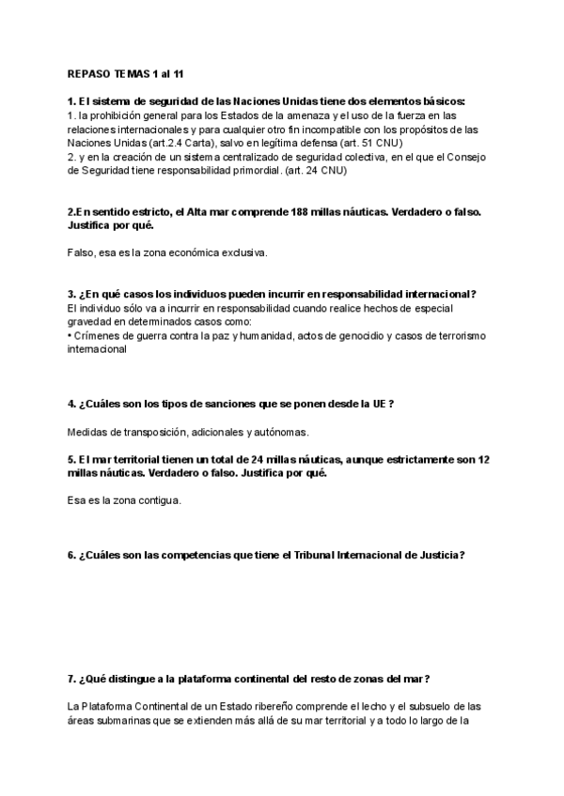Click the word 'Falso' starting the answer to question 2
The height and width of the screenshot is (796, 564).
tap(83, 253)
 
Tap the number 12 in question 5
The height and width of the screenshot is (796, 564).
tap(485, 459)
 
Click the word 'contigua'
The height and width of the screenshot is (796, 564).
tap(158, 500)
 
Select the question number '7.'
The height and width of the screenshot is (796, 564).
tap(73, 679)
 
